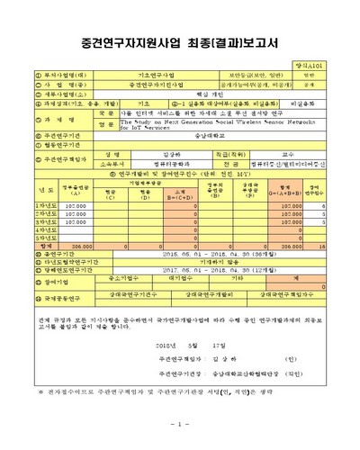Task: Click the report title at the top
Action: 180,42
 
